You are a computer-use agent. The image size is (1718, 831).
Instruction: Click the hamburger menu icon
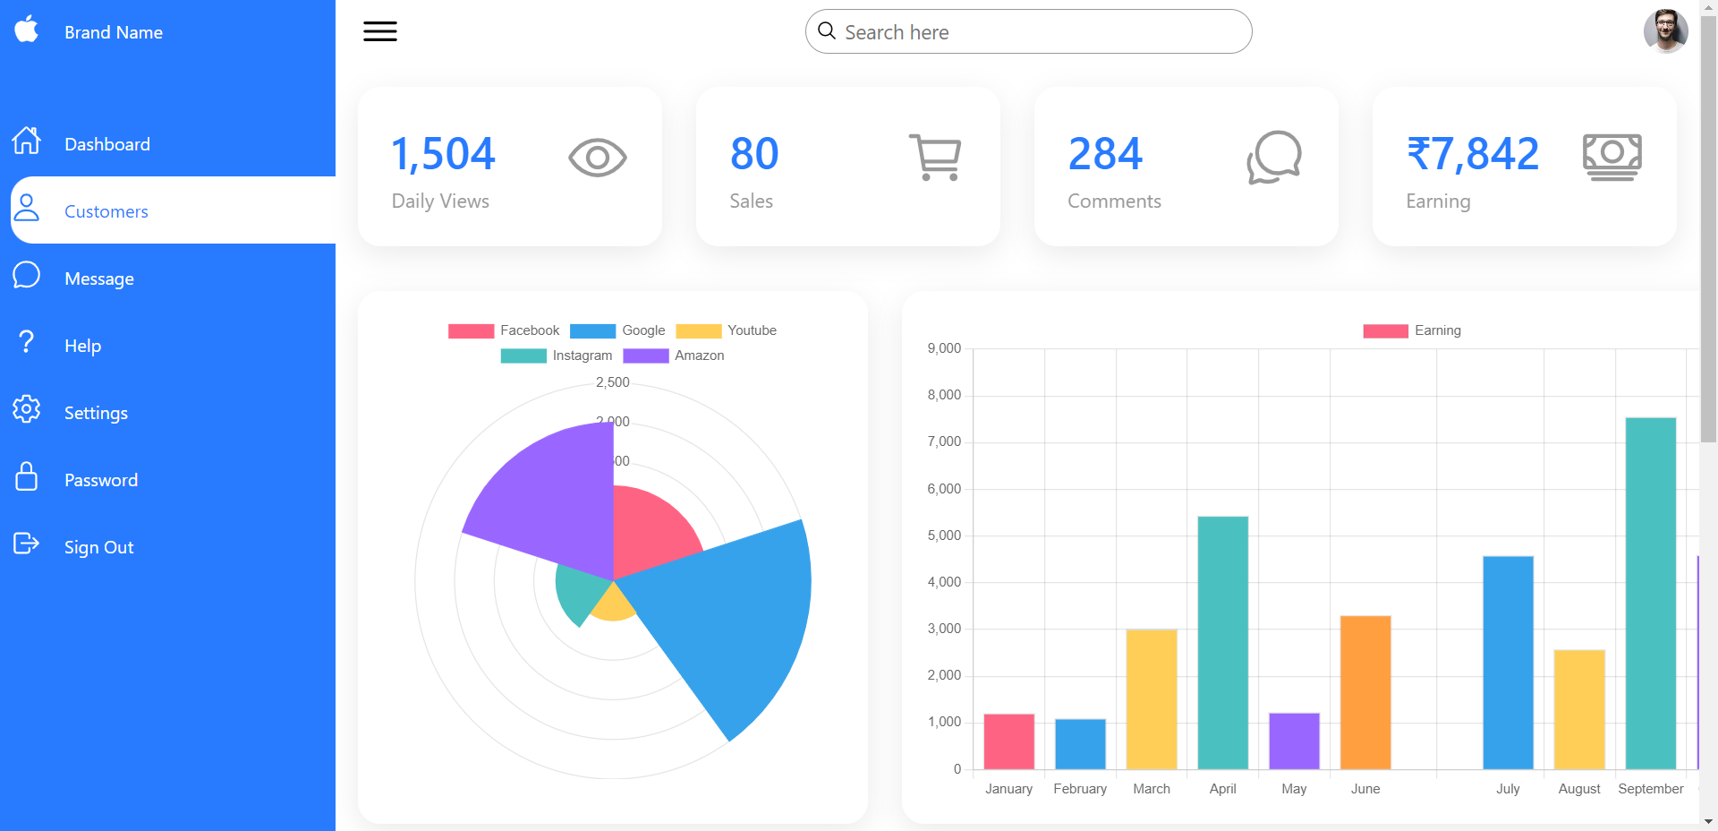click(x=380, y=31)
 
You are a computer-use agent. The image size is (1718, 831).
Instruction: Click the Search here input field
click(x=1029, y=32)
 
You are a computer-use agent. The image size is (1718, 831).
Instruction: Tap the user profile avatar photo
click(x=1665, y=31)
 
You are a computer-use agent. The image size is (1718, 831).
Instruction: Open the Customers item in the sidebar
click(x=106, y=211)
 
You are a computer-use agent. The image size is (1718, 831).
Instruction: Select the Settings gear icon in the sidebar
click(x=27, y=409)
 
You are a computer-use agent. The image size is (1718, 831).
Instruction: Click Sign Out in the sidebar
click(x=98, y=547)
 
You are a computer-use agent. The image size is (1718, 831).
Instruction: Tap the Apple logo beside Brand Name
click(x=27, y=30)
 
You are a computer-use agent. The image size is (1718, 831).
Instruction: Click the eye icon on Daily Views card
click(x=597, y=158)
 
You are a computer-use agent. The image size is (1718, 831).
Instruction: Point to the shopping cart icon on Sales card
click(x=936, y=158)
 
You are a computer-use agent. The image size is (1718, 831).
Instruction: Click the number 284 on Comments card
click(x=1105, y=154)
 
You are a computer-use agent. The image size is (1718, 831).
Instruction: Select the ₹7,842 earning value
click(x=1473, y=154)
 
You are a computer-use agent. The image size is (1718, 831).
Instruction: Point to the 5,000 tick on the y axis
click(x=944, y=535)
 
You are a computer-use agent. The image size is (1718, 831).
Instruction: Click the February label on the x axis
click(x=1080, y=789)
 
